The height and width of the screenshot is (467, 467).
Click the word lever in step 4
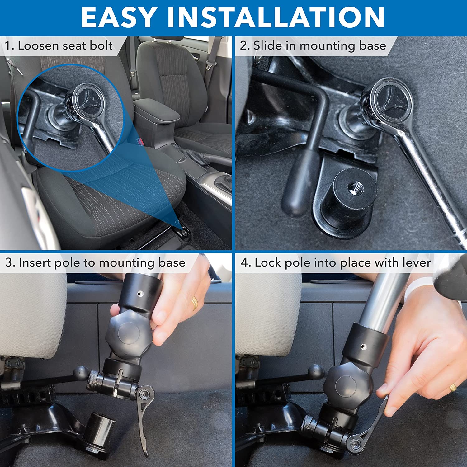point(417,262)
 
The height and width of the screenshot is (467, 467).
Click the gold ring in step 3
point(195,304)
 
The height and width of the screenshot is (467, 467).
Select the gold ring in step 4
point(453,387)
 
